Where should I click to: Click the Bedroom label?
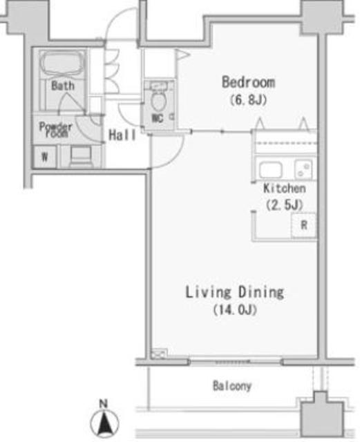point(248,82)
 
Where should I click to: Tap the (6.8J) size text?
point(248,99)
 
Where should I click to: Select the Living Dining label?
point(235,292)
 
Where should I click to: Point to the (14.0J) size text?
point(235,310)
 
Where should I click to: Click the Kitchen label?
point(285,189)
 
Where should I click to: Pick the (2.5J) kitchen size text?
point(285,204)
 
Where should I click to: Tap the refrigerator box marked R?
point(304,225)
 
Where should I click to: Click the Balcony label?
point(232,385)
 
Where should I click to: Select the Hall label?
point(122,135)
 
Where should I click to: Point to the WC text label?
point(157,118)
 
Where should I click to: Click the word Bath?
point(63,86)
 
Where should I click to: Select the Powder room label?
point(56,130)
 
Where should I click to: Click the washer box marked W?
point(45,157)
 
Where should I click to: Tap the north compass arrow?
point(104,423)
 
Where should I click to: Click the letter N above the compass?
point(104,404)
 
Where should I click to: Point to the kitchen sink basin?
point(271,170)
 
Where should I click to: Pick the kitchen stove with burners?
point(303,169)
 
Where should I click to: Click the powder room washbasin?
point(81,155)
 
